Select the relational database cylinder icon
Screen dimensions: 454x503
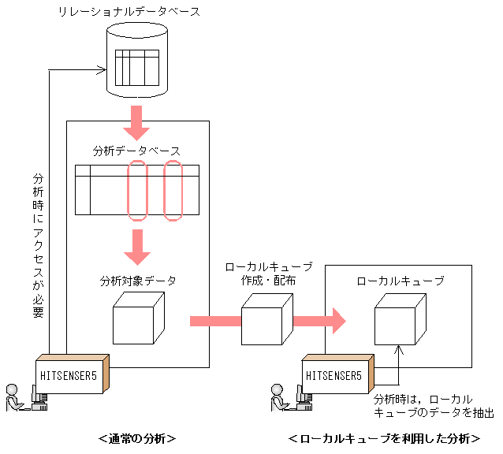[137, 59]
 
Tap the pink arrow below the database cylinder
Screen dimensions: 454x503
[137, 119]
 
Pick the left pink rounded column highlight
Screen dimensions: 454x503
[137, 190]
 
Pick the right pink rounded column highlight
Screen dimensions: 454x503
[173, 190]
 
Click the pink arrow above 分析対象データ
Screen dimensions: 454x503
[137, 247]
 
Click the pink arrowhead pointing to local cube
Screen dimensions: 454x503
[335, 321]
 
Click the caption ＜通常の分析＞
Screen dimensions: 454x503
[136, 439]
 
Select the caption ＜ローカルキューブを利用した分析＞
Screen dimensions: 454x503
[384, 439]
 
